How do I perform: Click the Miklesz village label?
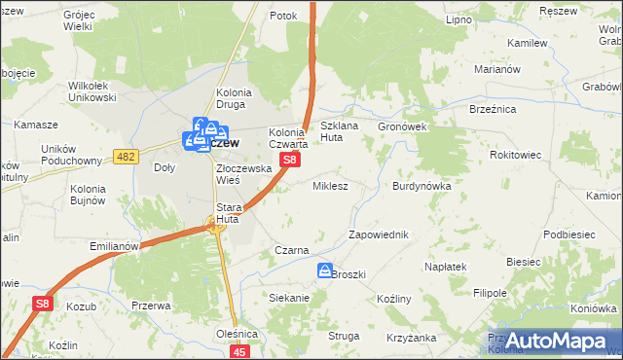[330, 185]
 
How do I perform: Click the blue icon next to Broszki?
[324, 271]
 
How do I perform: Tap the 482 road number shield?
[126, 157]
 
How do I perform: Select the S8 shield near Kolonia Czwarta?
[289, 158]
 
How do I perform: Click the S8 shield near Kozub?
[41, 305]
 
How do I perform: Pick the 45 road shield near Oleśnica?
[240, 351]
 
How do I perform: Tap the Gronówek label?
[403, 126]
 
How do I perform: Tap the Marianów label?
[499, 70]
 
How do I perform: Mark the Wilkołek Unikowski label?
[92, 91]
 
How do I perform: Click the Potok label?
[283, 17]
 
